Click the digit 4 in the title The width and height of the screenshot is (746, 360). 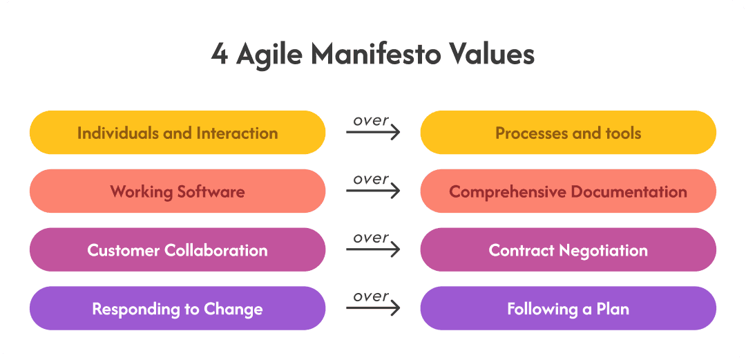220,55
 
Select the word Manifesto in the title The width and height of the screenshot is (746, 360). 376,54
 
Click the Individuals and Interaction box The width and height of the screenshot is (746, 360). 178,133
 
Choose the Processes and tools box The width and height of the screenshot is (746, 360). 568,133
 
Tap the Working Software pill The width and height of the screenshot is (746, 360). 178,191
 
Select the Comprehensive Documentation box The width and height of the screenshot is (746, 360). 568,191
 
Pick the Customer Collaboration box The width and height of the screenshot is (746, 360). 178,249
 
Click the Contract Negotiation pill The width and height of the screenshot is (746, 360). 568,249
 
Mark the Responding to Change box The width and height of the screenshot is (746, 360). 178,308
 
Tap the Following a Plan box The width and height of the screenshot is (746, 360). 568,308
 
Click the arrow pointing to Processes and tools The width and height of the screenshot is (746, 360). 373,132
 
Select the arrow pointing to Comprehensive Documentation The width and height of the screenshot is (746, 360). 373,191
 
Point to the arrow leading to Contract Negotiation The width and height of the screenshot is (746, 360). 373,249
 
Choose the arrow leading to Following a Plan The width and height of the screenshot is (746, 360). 373,307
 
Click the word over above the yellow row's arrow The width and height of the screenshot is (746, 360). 371,121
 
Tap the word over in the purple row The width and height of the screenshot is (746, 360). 371,296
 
